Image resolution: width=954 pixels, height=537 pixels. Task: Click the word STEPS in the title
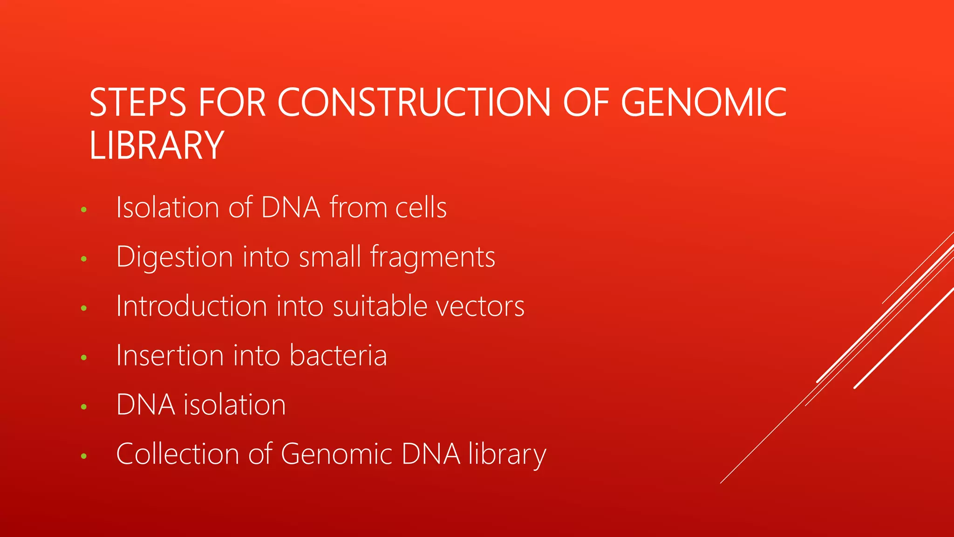click(138, 103)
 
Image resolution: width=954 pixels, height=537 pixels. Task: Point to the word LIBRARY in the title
click(157, 145)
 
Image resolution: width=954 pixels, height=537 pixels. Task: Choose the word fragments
click(432, 257)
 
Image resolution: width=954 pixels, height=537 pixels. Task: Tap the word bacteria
click(338, 355)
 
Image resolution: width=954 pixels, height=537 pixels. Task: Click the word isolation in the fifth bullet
click(234, 405)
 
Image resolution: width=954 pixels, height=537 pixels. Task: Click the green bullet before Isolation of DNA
click(84, 210)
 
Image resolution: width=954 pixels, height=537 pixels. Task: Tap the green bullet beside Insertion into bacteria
click(84, 358)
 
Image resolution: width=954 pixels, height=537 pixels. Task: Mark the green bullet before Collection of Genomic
click(84, 456)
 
